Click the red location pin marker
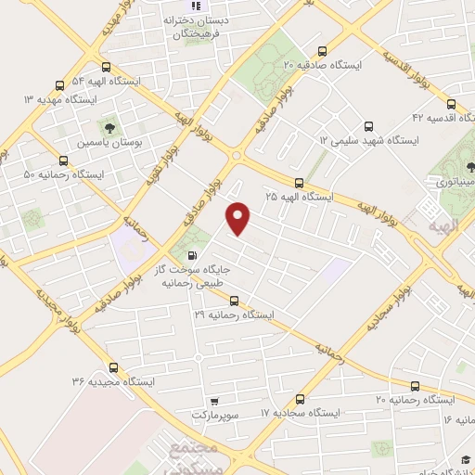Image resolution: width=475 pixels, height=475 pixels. click(x=239, y=218)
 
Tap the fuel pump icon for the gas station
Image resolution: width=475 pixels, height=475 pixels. click(x=192, y=255)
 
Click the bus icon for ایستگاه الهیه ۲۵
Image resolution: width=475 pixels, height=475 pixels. click(x=298, y=183)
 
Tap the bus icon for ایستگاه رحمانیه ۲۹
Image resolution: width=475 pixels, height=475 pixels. click(x=234, y=301)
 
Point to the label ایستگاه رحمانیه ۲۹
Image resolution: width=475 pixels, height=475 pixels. click(x=235, y=315)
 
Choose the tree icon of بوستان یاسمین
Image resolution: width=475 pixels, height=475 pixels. click(x=109, y=127)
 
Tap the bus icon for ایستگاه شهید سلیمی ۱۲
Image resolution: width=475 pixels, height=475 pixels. click(x=368, y=125)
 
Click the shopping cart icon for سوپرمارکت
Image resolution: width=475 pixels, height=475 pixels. click(x=214, y=401)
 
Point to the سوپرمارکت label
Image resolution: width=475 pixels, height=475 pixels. click(x=215, y=415)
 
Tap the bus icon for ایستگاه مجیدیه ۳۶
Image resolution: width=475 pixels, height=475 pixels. click(x=112, y=366)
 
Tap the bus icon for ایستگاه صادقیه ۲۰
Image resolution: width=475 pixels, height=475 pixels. click(x=322, y=51)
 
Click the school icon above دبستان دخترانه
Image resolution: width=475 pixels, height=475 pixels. click(x=195, y=5)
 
